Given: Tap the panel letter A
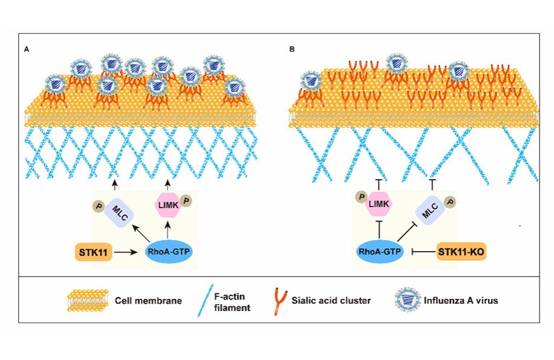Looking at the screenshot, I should coord(26,48).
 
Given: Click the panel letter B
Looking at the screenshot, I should coord(293,48).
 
